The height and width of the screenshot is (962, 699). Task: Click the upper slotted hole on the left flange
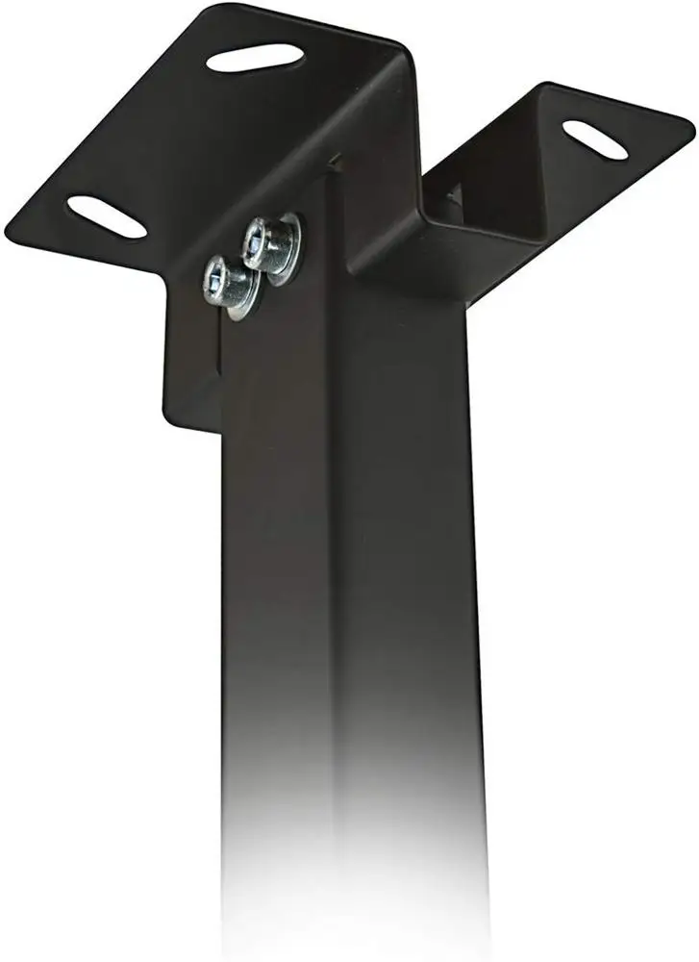click(255, 57)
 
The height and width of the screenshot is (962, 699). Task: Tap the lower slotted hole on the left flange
click(106, 217)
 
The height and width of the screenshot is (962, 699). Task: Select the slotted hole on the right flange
click(594, 139)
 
